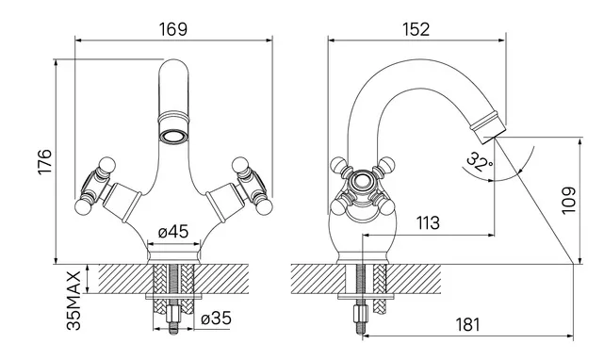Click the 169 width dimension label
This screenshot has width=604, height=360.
click(x=173, y=29)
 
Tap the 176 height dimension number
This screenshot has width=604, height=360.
click(x=44, y=161)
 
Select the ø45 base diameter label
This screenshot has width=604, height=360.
click(x=173, y=232)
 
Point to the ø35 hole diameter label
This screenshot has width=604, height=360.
click(x=217, y=319)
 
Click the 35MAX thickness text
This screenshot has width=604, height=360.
click(x=73, y=301)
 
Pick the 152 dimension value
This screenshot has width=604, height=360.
click(x=416, y=29)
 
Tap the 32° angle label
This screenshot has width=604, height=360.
click(x=479, y=162)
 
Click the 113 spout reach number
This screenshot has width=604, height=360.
click(x=428, y=222)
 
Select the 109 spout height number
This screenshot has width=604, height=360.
click(x=568, y=201)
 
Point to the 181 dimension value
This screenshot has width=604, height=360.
click(x=468, y=324)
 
